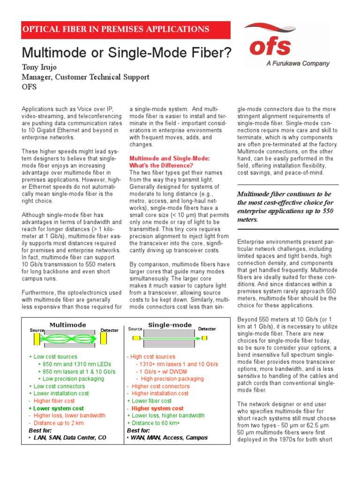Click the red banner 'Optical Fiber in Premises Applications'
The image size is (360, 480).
pos(116,29)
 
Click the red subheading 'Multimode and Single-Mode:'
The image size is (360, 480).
pos(169,158)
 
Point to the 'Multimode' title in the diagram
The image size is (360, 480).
pos(68,325)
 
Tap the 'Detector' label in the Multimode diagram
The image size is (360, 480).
pos(110,330)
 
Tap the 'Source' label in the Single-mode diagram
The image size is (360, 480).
pos(135,329)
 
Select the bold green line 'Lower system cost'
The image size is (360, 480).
pos(59,408)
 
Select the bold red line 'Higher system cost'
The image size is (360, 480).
pos(157,408)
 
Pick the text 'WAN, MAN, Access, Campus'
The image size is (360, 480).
pos(169,437)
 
